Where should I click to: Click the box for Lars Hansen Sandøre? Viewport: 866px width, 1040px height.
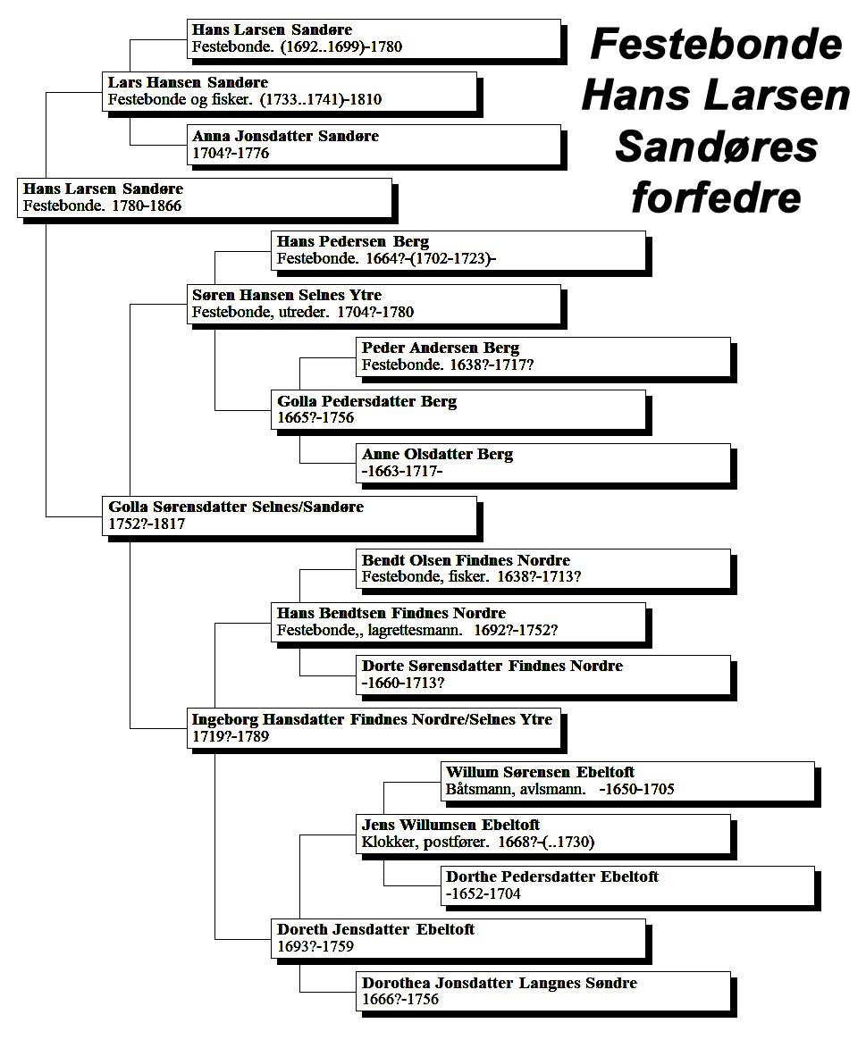290,91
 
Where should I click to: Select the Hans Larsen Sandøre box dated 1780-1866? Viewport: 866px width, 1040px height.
205,197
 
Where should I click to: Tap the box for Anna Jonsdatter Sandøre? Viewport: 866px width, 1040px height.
374,145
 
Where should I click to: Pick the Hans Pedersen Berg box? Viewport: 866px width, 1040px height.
458,251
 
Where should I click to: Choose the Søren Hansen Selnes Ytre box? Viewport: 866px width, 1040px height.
374,304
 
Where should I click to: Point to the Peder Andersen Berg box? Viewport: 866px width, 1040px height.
543,356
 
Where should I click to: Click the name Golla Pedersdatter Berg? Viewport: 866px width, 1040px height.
367,401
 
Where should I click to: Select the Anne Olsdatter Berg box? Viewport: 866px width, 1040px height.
543,463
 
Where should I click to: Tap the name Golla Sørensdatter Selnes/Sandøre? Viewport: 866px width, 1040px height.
236,507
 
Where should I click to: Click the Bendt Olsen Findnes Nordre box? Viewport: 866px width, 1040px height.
543,568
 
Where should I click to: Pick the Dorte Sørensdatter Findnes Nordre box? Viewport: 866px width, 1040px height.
543,675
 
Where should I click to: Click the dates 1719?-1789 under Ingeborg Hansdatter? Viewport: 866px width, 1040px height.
231,736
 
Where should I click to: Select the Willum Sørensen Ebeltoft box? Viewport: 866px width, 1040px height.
627,781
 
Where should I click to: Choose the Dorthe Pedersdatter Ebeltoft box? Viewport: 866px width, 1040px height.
627,886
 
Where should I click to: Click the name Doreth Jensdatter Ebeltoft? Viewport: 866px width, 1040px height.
375,930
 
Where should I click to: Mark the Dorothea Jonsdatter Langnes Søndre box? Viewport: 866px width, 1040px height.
543,993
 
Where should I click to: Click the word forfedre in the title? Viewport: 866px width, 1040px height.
717,197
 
